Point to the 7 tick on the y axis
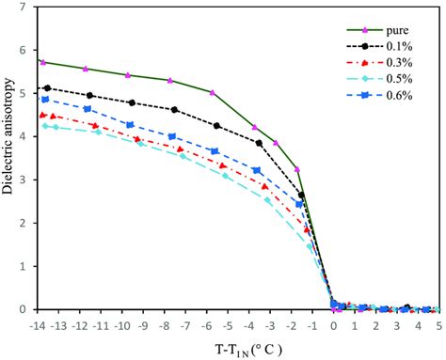click(26, 8)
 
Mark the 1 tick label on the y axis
click(26, 266)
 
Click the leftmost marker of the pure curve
click(42, 62)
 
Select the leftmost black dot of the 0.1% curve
click(47, 88)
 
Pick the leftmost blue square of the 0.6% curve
click(45, 99)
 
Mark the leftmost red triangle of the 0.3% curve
click(44, 116)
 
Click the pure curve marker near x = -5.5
click(213, 93)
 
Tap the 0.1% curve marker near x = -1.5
click(301, 196)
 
